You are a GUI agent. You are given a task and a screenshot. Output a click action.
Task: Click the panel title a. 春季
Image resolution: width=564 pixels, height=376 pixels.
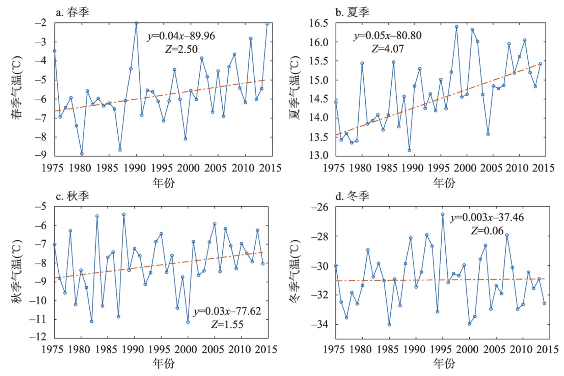pos(72,12)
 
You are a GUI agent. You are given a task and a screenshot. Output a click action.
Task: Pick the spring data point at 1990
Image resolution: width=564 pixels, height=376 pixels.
pos(136,23)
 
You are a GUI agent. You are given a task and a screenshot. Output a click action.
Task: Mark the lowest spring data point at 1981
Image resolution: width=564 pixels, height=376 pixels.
pos(82,154)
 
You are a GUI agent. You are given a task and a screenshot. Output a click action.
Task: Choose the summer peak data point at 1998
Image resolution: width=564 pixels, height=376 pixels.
pos(456,27)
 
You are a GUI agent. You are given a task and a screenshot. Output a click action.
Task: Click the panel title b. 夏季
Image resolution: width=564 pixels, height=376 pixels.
pos(352,12)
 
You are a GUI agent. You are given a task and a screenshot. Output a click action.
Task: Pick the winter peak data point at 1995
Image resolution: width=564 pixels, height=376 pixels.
pos(443,214)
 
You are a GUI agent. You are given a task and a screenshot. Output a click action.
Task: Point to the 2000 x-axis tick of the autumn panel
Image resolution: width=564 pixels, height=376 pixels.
pos(187,349)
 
